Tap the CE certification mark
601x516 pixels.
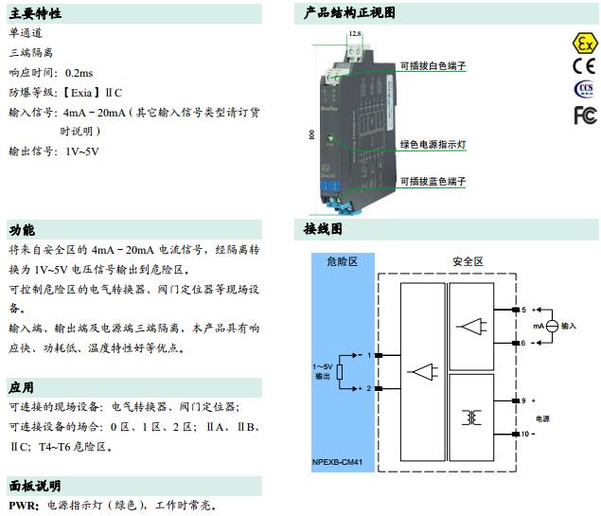click(x=584, y=66)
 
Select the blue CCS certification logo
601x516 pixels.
click(x=584, y=90)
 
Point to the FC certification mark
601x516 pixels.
click(x=584, y=115)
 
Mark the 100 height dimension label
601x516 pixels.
click(x=310, y=134)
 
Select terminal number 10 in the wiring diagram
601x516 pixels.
click(x=525, y=434)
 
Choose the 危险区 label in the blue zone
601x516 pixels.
click(x=342, y=260)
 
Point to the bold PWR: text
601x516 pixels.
click(x=24, y=506)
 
